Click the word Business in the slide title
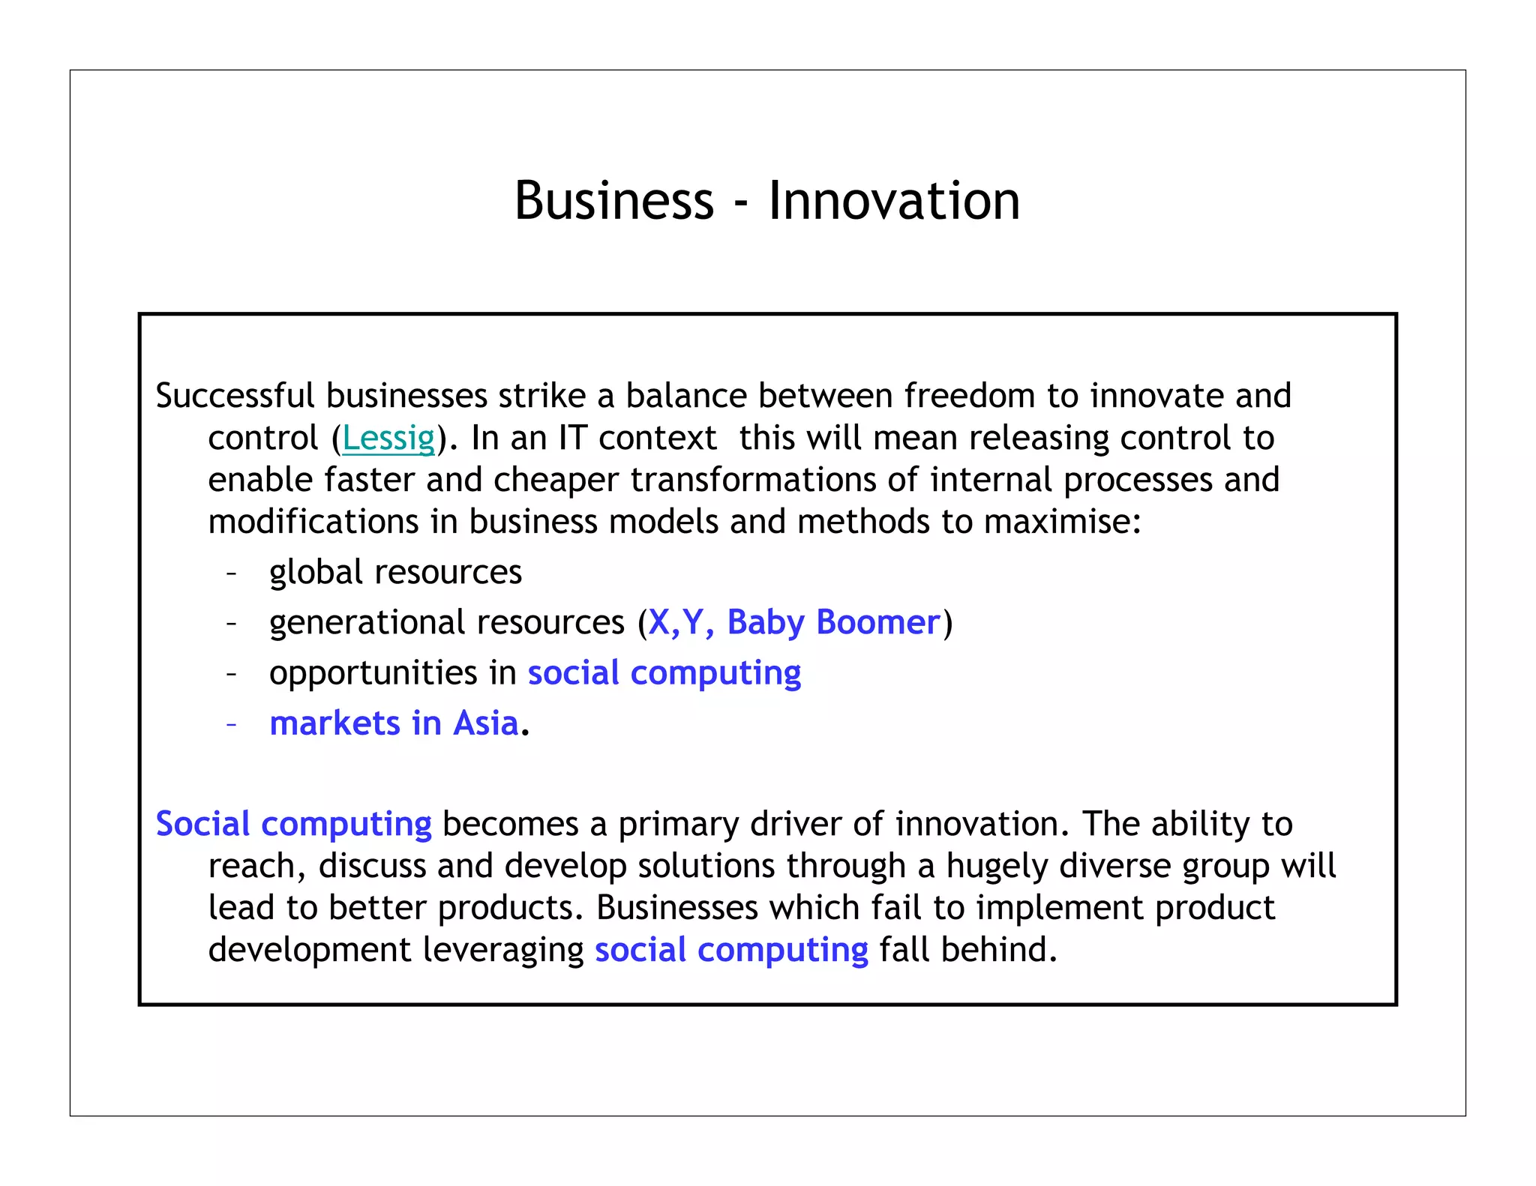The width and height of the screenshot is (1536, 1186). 613,201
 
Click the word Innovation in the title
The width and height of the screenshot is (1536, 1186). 894,201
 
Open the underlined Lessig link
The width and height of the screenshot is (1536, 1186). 388,438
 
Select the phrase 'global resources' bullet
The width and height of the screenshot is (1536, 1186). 395,573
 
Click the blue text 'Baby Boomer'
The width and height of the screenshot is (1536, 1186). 833,622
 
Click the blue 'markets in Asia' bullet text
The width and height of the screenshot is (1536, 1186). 394,723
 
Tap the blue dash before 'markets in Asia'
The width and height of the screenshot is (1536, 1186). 232,724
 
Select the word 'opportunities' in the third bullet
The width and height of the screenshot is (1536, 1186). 373,673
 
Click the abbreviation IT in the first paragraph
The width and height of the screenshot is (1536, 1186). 572,438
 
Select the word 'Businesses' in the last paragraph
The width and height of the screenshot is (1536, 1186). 676,908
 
